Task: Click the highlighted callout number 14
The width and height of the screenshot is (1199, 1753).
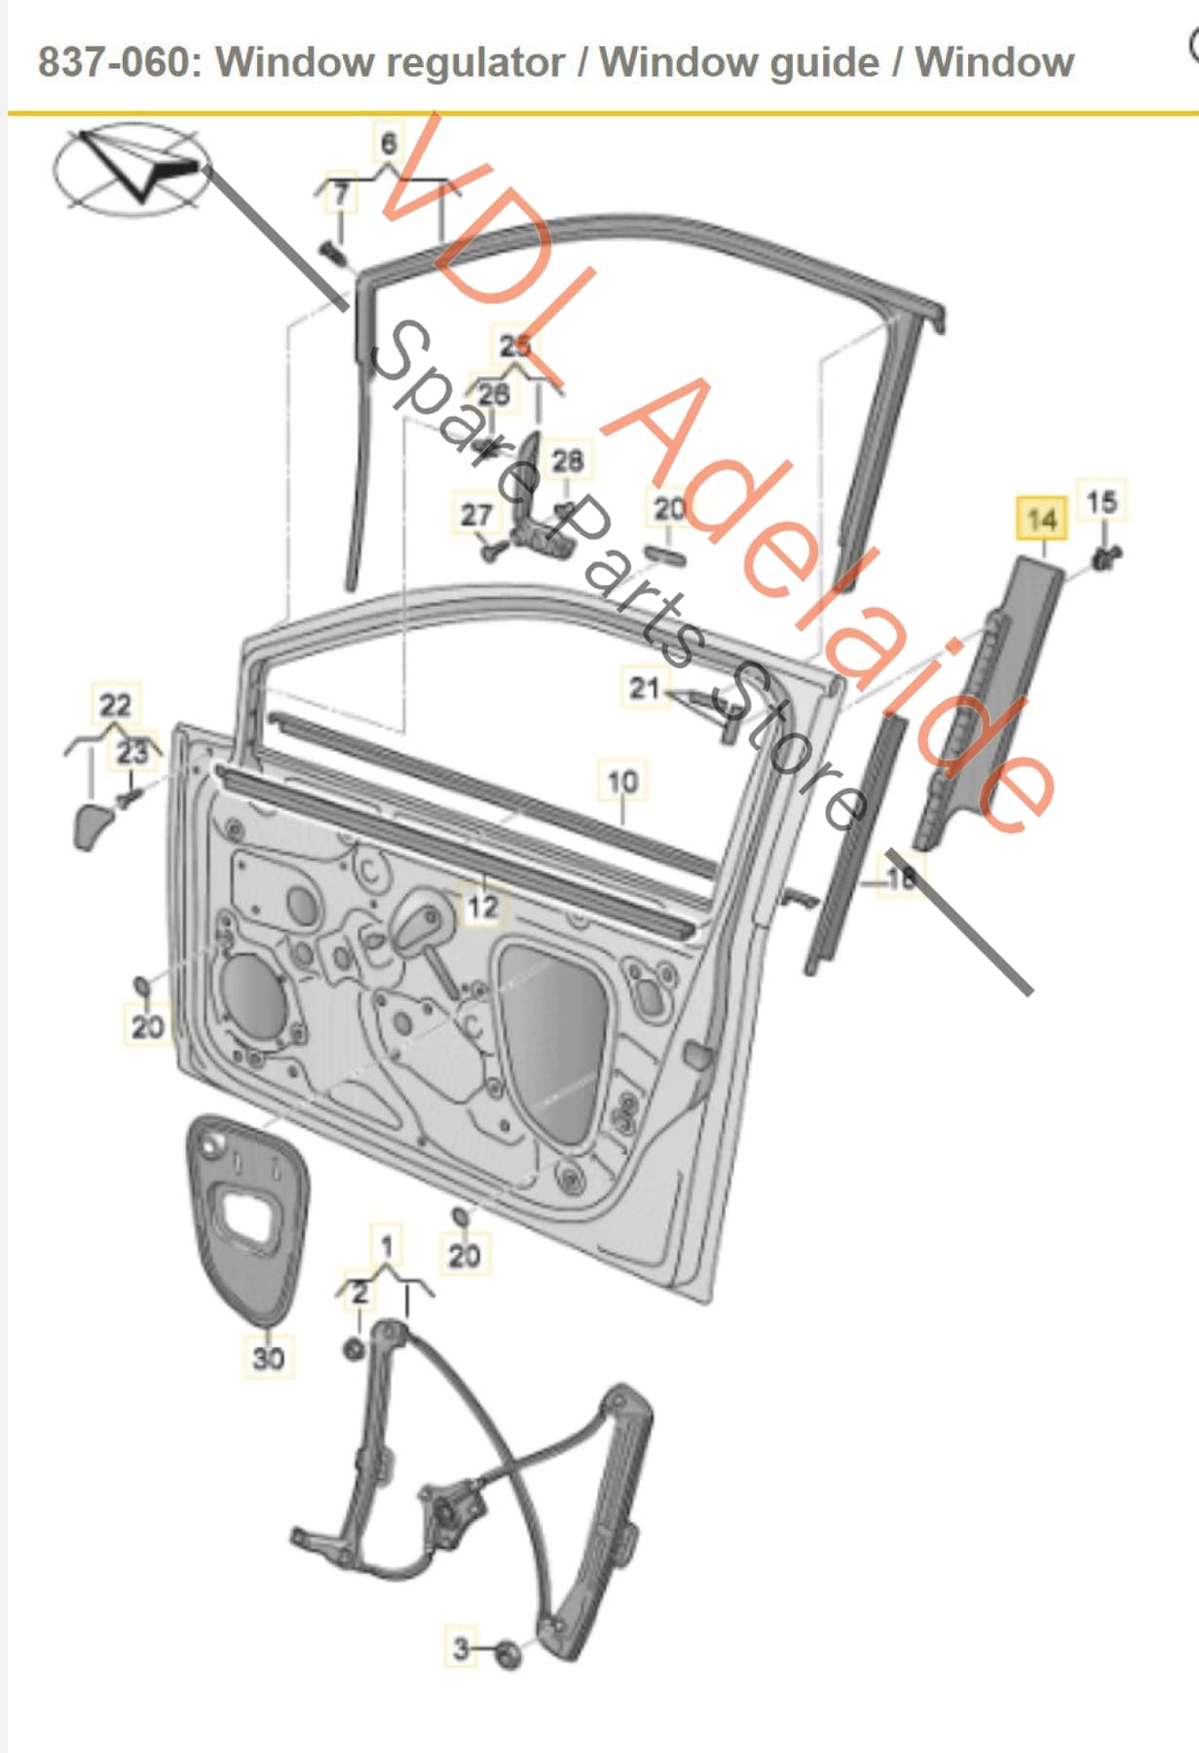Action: [1040, 519]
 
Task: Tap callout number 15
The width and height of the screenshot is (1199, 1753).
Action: [1102, 503]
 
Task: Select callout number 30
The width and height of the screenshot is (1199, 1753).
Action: [268, 1357]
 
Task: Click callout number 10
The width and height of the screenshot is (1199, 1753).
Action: [622, 781]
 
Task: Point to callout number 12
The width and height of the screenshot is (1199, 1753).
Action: [482, 907]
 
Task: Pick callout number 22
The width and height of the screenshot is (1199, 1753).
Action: [115, 704]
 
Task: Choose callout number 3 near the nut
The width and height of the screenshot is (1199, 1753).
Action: [462, 1648]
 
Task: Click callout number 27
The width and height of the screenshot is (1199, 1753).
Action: [475, 514]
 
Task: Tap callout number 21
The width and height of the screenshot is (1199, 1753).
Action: [645, 689]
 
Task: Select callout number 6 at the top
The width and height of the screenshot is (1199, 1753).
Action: [389, 143]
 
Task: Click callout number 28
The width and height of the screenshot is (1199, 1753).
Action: [568, 459]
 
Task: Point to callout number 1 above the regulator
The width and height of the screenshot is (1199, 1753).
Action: [387, 1246]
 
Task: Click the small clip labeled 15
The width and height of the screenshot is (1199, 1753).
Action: [1105, 558]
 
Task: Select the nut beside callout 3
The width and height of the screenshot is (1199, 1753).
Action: [507, 1654]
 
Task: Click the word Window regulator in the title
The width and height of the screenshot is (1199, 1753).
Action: [390, 62]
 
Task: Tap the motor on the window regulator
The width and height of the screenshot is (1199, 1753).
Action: [450, 1512]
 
